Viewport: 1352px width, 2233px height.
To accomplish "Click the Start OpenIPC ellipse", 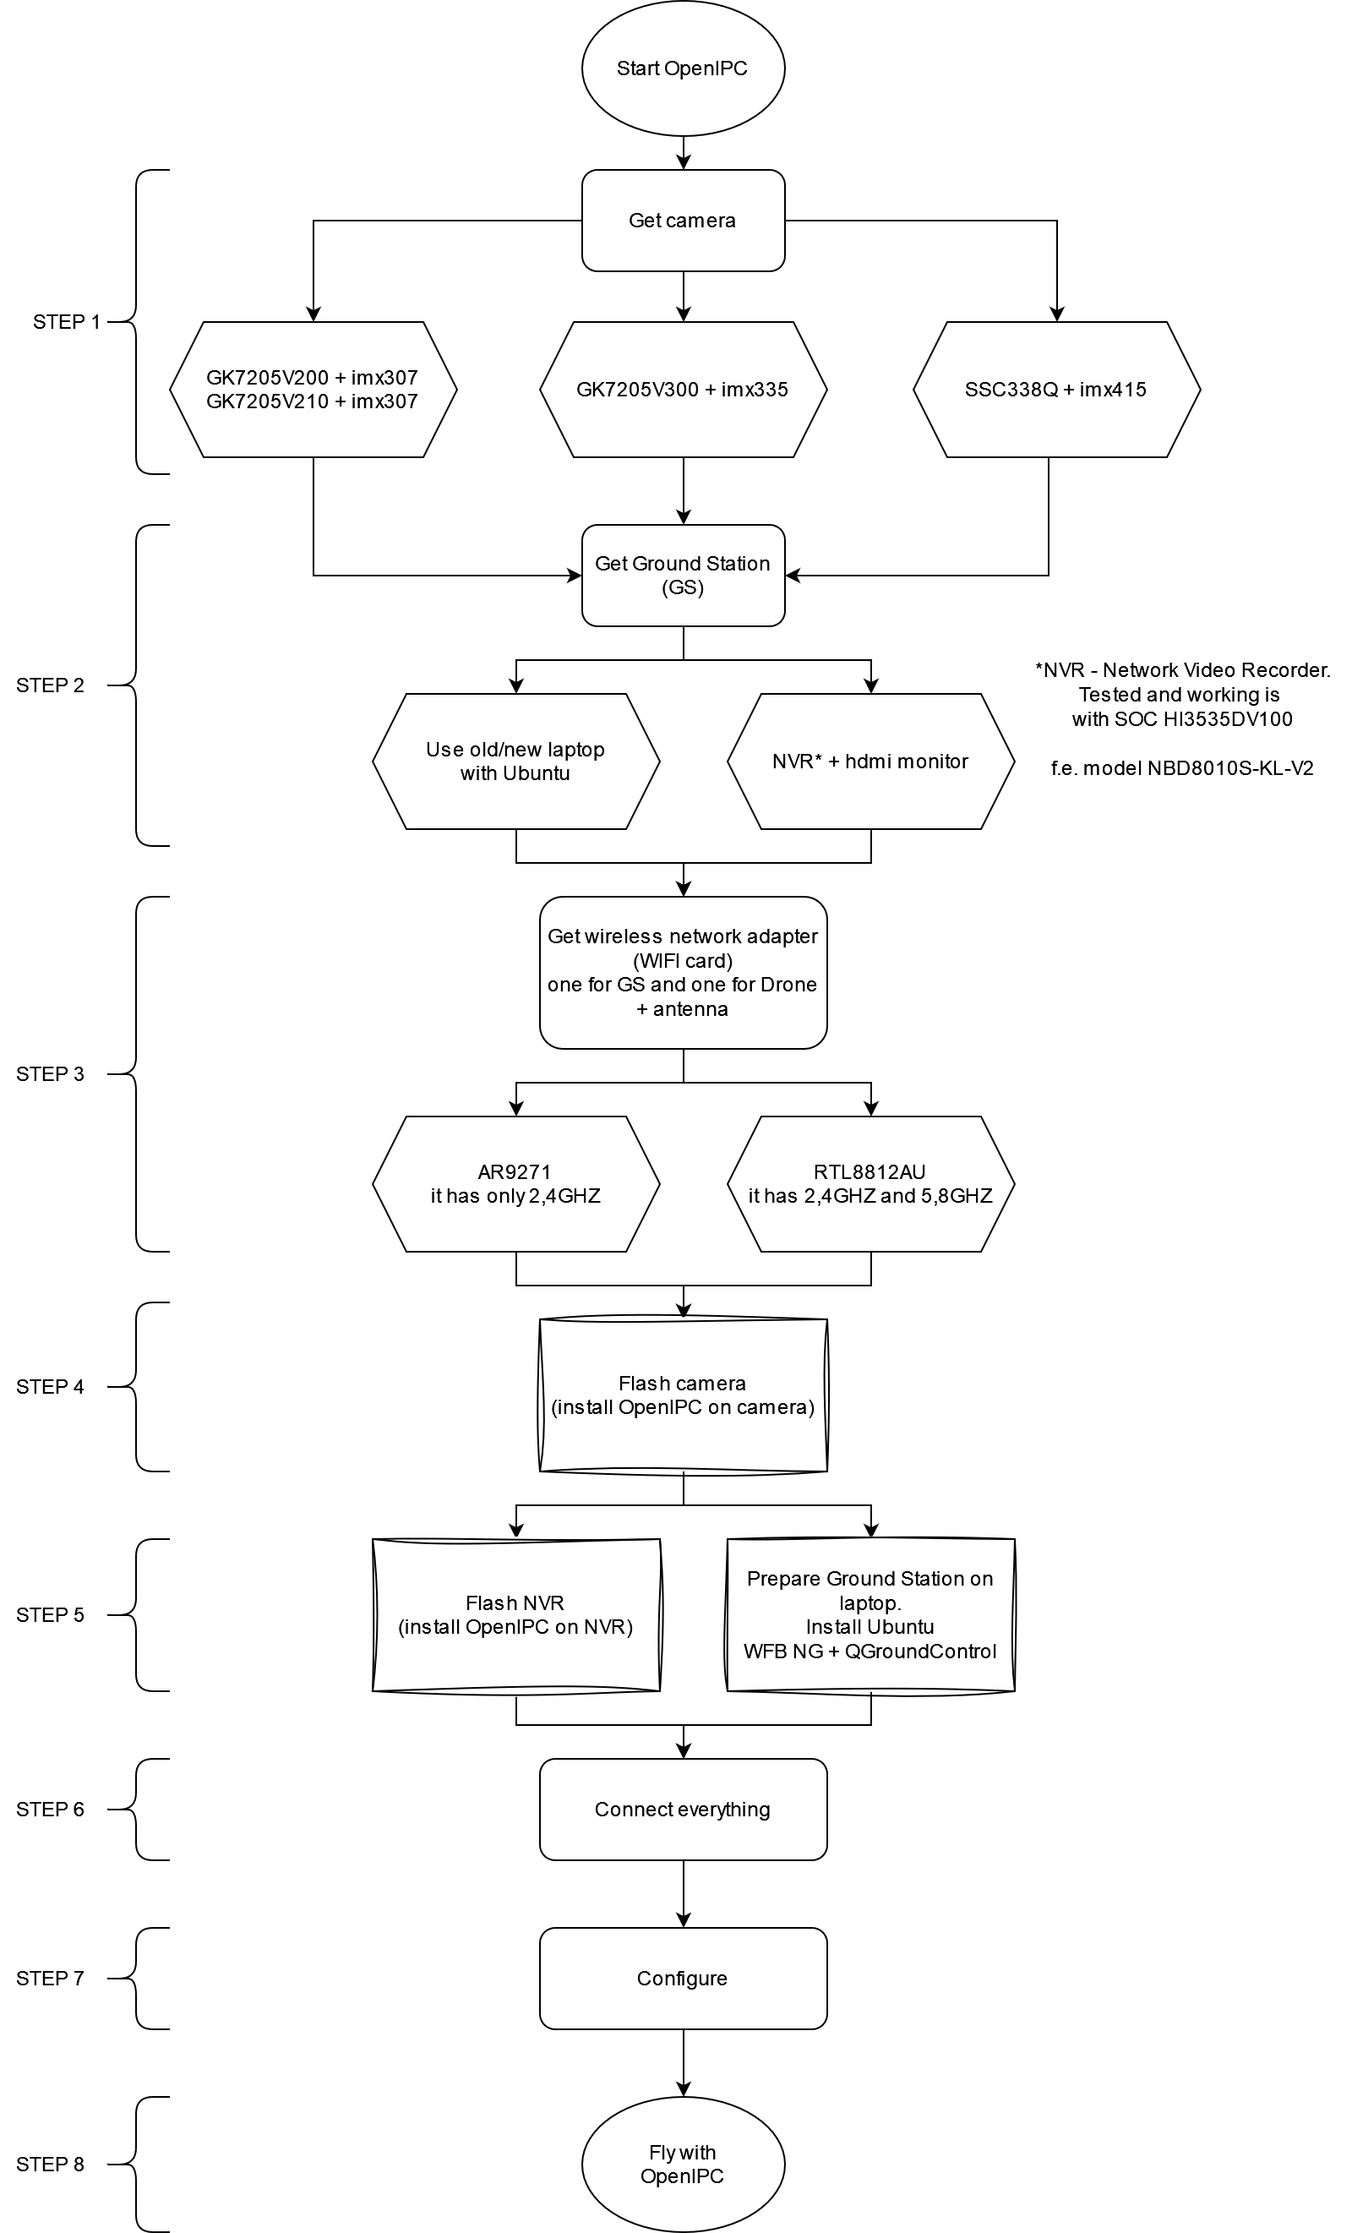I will [x=683, y=68].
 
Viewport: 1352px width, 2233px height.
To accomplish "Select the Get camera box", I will [x=683, y=221].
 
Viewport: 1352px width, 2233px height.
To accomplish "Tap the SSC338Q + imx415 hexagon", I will [x=1055, y=390].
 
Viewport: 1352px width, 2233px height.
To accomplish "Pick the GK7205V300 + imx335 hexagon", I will [x=683, y=390].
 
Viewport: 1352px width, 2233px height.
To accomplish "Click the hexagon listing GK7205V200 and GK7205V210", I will [x=313, y=390].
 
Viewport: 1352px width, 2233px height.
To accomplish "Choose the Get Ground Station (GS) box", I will [x=683, y=576].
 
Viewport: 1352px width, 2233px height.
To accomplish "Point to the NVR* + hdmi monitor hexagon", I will [x=870, y=762].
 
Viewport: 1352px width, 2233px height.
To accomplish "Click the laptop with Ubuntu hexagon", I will [x=515, y=762].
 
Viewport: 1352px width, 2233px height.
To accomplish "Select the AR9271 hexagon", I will [x=515, y=1183].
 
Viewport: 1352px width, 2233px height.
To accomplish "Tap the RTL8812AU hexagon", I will [x=870, y=1183].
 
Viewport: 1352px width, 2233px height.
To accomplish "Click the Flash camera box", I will [x=683, y=1395].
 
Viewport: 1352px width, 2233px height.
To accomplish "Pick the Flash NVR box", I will [x=515, y=1615].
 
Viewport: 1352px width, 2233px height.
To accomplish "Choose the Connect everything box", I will [x=683, y=1810].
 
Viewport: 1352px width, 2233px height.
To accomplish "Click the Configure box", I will [x=683, y=1979].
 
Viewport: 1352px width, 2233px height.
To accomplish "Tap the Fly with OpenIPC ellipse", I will [x=683, y=2165].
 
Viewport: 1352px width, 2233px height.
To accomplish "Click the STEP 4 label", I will [x=50, y=1387].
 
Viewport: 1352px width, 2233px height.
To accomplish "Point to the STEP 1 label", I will [x=66, y=322].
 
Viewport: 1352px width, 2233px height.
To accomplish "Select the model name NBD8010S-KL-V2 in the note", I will [x=1229, y=768].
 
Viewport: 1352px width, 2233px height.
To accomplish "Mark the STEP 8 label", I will [x=50, y=2165].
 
